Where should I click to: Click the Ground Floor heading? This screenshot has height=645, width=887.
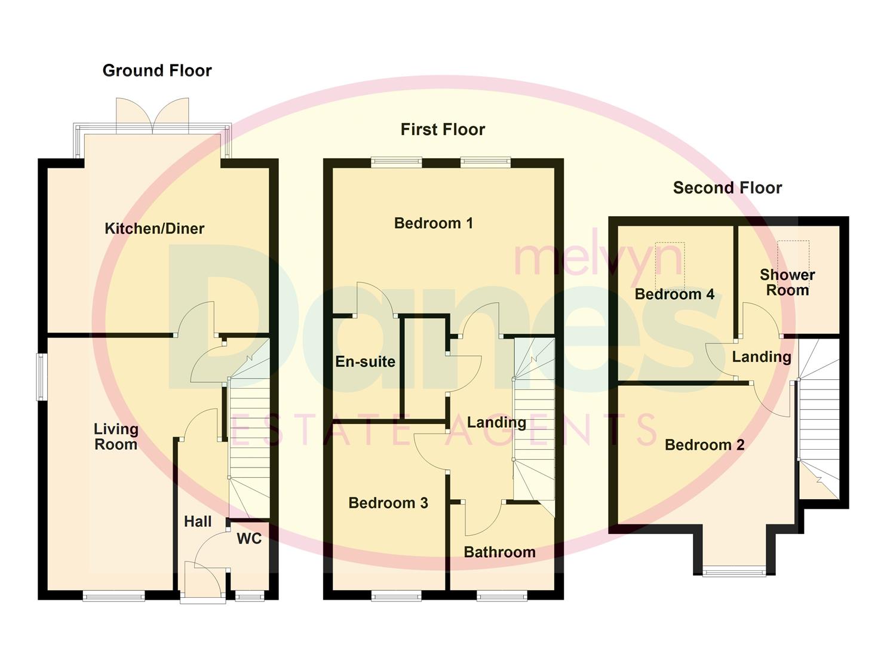point(157,70)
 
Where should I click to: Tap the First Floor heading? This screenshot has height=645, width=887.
point(443,130)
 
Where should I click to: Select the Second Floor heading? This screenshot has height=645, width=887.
point(727,188)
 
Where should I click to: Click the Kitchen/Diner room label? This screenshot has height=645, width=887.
point(154,229)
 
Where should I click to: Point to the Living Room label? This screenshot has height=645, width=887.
point(116,437)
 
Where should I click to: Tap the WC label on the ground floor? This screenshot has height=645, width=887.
point(249,539)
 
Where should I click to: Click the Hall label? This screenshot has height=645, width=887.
point(198,522)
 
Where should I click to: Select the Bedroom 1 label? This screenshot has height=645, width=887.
point(434,223)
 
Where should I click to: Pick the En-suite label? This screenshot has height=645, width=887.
point(365,362)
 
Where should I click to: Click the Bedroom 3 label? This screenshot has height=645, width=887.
point(388,503)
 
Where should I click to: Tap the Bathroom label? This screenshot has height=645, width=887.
point(499,552)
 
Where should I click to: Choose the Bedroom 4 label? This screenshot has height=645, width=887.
point(674,294)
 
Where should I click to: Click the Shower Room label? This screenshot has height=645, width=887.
point(787,282)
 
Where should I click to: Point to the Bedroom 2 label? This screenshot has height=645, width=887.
point(704,446)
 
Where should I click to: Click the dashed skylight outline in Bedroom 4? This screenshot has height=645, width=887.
point(670,266)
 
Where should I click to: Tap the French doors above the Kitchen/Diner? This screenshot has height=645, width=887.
point(153,115)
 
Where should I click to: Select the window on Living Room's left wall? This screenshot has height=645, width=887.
point(41,377)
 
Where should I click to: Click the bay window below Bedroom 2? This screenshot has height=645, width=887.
point(734,572)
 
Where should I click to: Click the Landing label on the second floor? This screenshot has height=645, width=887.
point(762,357)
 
